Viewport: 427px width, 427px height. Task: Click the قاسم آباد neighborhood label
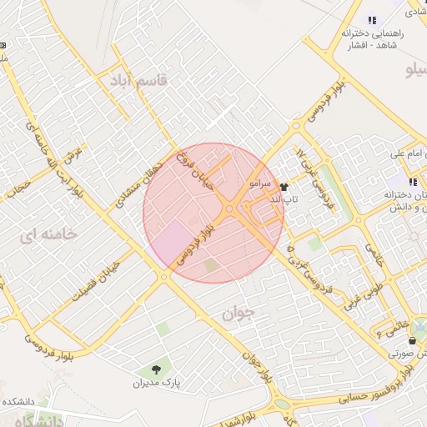click(138, 80)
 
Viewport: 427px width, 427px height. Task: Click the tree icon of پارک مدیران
click(156, 369)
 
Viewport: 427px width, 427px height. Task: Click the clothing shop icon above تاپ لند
click(284, 188)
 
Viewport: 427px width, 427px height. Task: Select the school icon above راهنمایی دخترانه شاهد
click(372, 20)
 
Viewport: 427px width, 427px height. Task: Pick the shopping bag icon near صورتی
click(413, 340)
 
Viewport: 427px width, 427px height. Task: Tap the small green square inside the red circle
click(211, 265)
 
